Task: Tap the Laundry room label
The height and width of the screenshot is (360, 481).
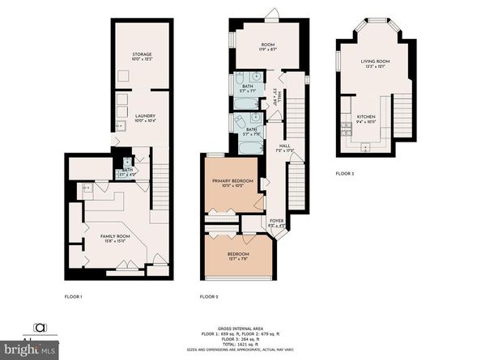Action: (143, 118)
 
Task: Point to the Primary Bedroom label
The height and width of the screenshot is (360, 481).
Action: (232, 181)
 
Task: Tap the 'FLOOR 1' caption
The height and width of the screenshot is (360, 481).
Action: (74, 297)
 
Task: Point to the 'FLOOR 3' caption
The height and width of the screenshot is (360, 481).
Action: (346, 173)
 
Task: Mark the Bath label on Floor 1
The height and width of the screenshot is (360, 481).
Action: (128, 172)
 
